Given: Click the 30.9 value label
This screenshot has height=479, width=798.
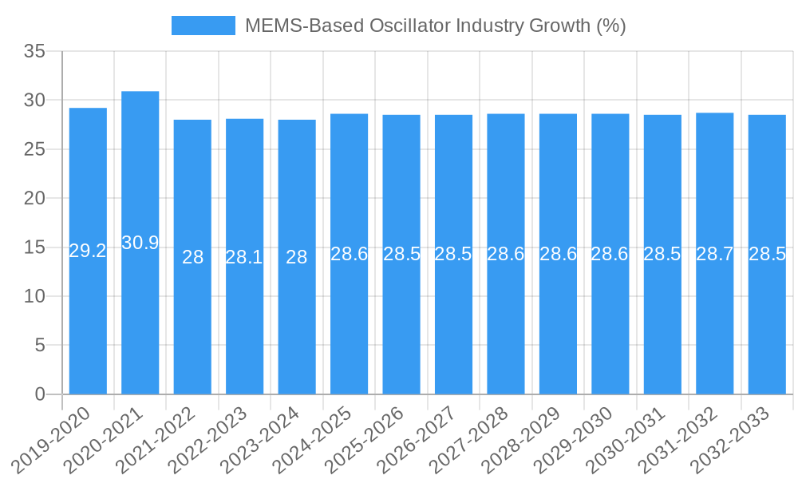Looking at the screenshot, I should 140,243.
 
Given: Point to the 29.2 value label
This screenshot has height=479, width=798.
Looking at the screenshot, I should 88,251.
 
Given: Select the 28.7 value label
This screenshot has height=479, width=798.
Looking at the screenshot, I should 715,254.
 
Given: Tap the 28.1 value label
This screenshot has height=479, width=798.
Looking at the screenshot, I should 244,257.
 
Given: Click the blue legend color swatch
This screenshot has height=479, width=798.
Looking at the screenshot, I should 203,26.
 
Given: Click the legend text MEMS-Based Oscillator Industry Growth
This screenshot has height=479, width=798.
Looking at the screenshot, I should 435,26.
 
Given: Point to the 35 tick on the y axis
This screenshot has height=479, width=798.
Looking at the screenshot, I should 34,52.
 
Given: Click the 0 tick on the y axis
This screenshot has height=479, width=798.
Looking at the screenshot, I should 41,394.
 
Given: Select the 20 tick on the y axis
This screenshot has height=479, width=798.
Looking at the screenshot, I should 34,198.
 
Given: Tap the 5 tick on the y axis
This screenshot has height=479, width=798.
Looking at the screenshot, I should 41,345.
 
